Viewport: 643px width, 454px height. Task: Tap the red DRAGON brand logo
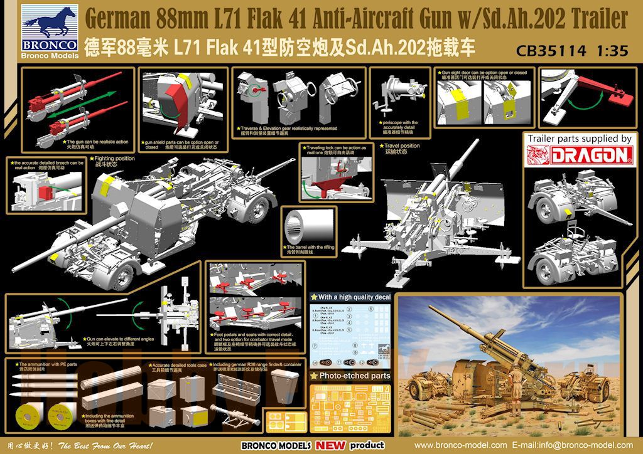point(578,154)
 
